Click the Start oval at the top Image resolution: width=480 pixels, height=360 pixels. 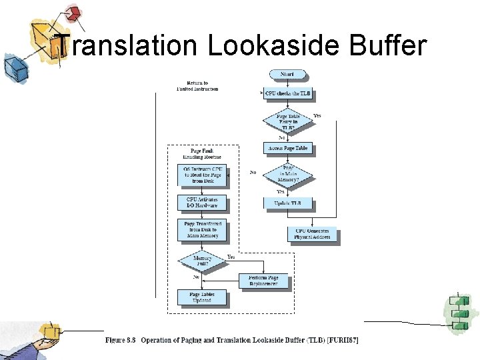(x=287, y=74)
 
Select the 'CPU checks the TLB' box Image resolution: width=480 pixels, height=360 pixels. (x=287, y=94)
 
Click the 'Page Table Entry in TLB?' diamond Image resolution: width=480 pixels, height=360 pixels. (x=287, y=121)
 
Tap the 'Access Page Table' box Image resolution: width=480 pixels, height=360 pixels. (x=287, y=148)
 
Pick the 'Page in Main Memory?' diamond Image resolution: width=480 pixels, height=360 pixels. (x=287, y=174)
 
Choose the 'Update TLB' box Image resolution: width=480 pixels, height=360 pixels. (x=287, y=203)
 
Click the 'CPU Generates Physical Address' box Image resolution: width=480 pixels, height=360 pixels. (x=312, y=234)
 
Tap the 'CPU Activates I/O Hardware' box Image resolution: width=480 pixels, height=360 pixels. (x=202, y=203)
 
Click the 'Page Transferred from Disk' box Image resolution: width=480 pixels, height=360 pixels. (x=202, y=229)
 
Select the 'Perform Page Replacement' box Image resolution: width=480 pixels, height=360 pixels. (x=264, y=281)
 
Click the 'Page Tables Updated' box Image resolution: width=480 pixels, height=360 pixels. (x=202, y=297)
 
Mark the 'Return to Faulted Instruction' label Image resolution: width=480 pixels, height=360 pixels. (x=197, y=86)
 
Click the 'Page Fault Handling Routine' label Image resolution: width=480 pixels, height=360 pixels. (x=202, y=153)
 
